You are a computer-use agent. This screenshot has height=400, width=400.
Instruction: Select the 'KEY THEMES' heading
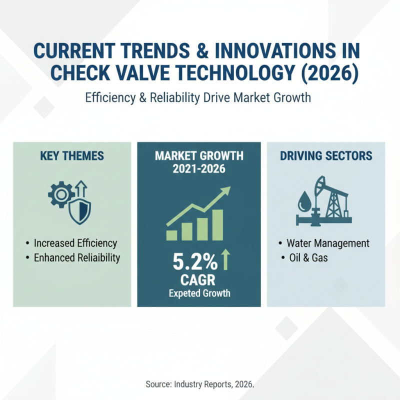pyautogui.click(x=71, y=156)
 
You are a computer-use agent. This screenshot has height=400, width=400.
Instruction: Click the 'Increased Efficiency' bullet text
pyautogui.click(x=75, y=243)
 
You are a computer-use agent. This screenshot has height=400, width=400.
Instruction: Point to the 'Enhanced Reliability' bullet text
pyautogui.click(x=77, y=258)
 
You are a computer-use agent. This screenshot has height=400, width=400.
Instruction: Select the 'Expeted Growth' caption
pyautogui.click(x=199, y=293)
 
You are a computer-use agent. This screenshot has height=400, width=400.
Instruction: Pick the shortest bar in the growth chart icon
pyautogui.click(x=171, y=234)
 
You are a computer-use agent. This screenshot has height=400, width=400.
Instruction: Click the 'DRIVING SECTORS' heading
pyautogui.click(x=326, y=156)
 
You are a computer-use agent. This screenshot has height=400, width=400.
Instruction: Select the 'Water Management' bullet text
pyautogui.click(x=328, y=243)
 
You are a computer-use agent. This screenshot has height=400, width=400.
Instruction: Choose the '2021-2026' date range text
pyautogui.click(x=199, y=169)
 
